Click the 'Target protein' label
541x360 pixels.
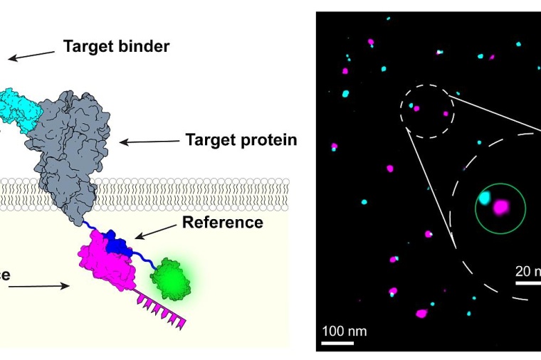[241, 139]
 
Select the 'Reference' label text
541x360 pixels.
[223, 222]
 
